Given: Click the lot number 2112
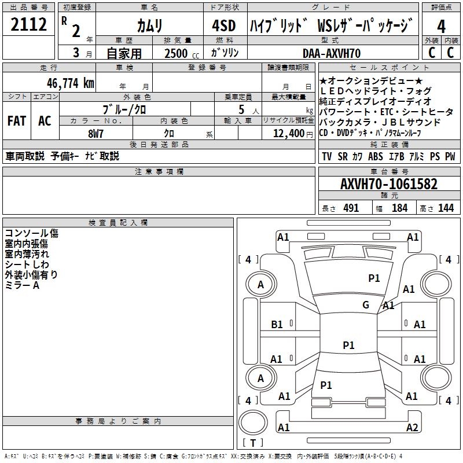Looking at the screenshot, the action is pos(29,26).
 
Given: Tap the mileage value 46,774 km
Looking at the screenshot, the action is pos(65,83).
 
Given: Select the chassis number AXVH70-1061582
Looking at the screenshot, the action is pos(388,185).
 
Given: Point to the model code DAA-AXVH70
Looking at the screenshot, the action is pos(332,53).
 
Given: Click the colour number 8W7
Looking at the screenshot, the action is pos(95,133).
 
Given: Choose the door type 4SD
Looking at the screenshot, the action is pos(223,26).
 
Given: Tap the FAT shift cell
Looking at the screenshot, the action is pos(17,121).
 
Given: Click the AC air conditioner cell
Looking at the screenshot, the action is pos(45,121).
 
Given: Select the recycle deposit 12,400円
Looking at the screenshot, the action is pos(288,133).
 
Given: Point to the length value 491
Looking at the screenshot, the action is pos(351,208).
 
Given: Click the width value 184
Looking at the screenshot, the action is pos(399,208).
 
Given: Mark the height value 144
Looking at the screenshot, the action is pos(446,208).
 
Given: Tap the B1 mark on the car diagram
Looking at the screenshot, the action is pos(277,325).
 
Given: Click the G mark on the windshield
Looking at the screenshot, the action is pos(366,305).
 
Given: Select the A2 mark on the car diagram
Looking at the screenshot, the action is pos(412,428).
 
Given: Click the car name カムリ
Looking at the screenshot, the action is pos(149,26).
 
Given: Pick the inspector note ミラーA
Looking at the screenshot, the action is pos(22,285).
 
